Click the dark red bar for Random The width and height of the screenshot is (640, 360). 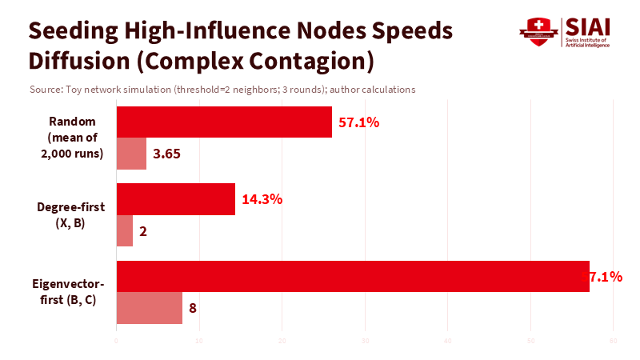coord(224,122)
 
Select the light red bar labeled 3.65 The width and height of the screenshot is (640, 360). coord(131,154)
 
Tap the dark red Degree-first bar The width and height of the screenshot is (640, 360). coord(176,199)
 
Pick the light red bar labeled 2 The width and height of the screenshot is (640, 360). coord(125,231)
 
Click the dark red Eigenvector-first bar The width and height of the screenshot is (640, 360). coord(353,276)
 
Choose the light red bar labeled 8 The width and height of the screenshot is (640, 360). coord(150,308)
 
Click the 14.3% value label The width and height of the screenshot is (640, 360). coord(262,199)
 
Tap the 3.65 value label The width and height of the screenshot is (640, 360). coord(167,154)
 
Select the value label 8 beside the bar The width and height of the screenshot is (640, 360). coord(193,308)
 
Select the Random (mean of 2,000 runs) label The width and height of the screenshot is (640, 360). coord(73,138)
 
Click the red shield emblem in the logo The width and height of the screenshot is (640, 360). coord(538,33)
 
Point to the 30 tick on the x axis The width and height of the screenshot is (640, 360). coord(365,342)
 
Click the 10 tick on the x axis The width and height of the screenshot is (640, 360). coord(199,342)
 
